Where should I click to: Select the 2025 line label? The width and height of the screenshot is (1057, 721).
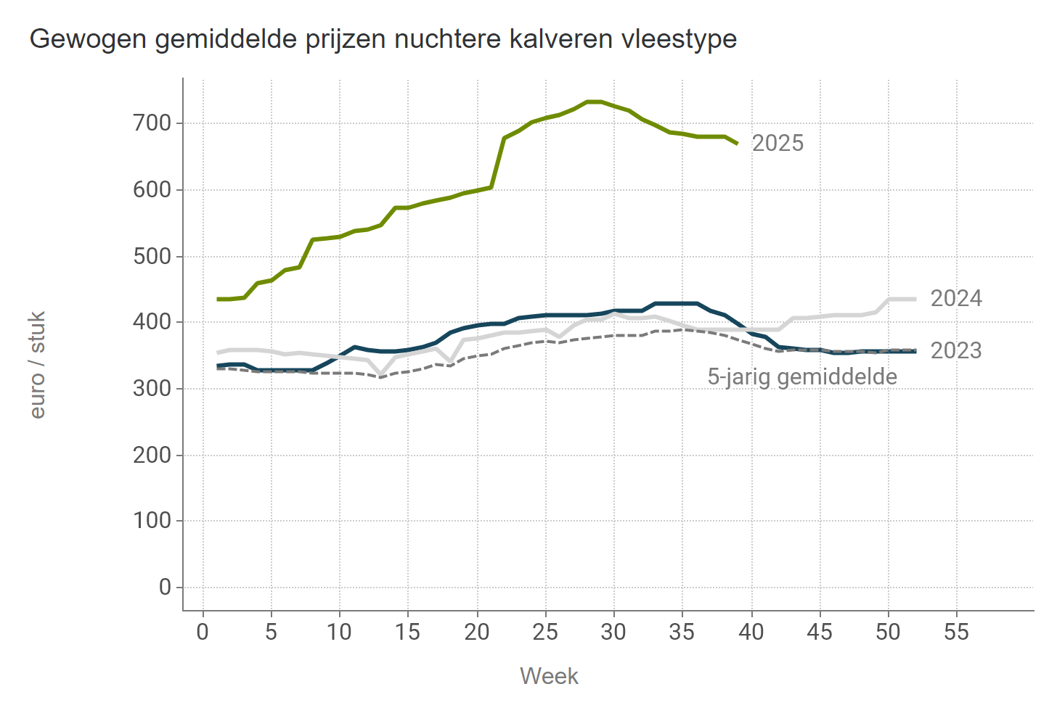(x=778, y=144)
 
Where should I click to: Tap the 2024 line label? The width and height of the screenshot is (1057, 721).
(x=956, y=299)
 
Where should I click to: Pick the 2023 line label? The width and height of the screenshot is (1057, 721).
(x=956, y=351)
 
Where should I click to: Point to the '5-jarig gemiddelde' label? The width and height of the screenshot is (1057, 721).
(x=802, y=377)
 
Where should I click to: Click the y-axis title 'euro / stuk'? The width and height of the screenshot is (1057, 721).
(x=38, y=365)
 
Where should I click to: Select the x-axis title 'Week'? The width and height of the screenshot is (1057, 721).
(x=549, y=677)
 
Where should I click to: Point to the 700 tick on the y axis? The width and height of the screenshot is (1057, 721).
(x=152, y=124)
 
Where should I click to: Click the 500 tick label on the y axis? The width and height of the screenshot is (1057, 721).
(x=152, y=257)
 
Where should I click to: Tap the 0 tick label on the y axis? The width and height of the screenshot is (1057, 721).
(x=166, y=588)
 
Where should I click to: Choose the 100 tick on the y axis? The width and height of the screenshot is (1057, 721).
(x=152, y=521)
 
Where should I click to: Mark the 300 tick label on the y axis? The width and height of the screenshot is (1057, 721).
(x=152, y=389)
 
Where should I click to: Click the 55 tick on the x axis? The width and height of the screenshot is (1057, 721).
(x=956, y=633)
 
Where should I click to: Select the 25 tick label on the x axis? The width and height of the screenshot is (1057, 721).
(x=545, y=633)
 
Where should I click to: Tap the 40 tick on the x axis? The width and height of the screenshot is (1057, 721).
(x=751, y=633)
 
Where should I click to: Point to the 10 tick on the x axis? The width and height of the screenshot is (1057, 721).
(x=339, y=633)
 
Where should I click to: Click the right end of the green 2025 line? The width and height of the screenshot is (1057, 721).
(x=737, y=144)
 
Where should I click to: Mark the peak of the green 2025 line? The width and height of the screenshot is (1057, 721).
(x=594, y=102)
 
